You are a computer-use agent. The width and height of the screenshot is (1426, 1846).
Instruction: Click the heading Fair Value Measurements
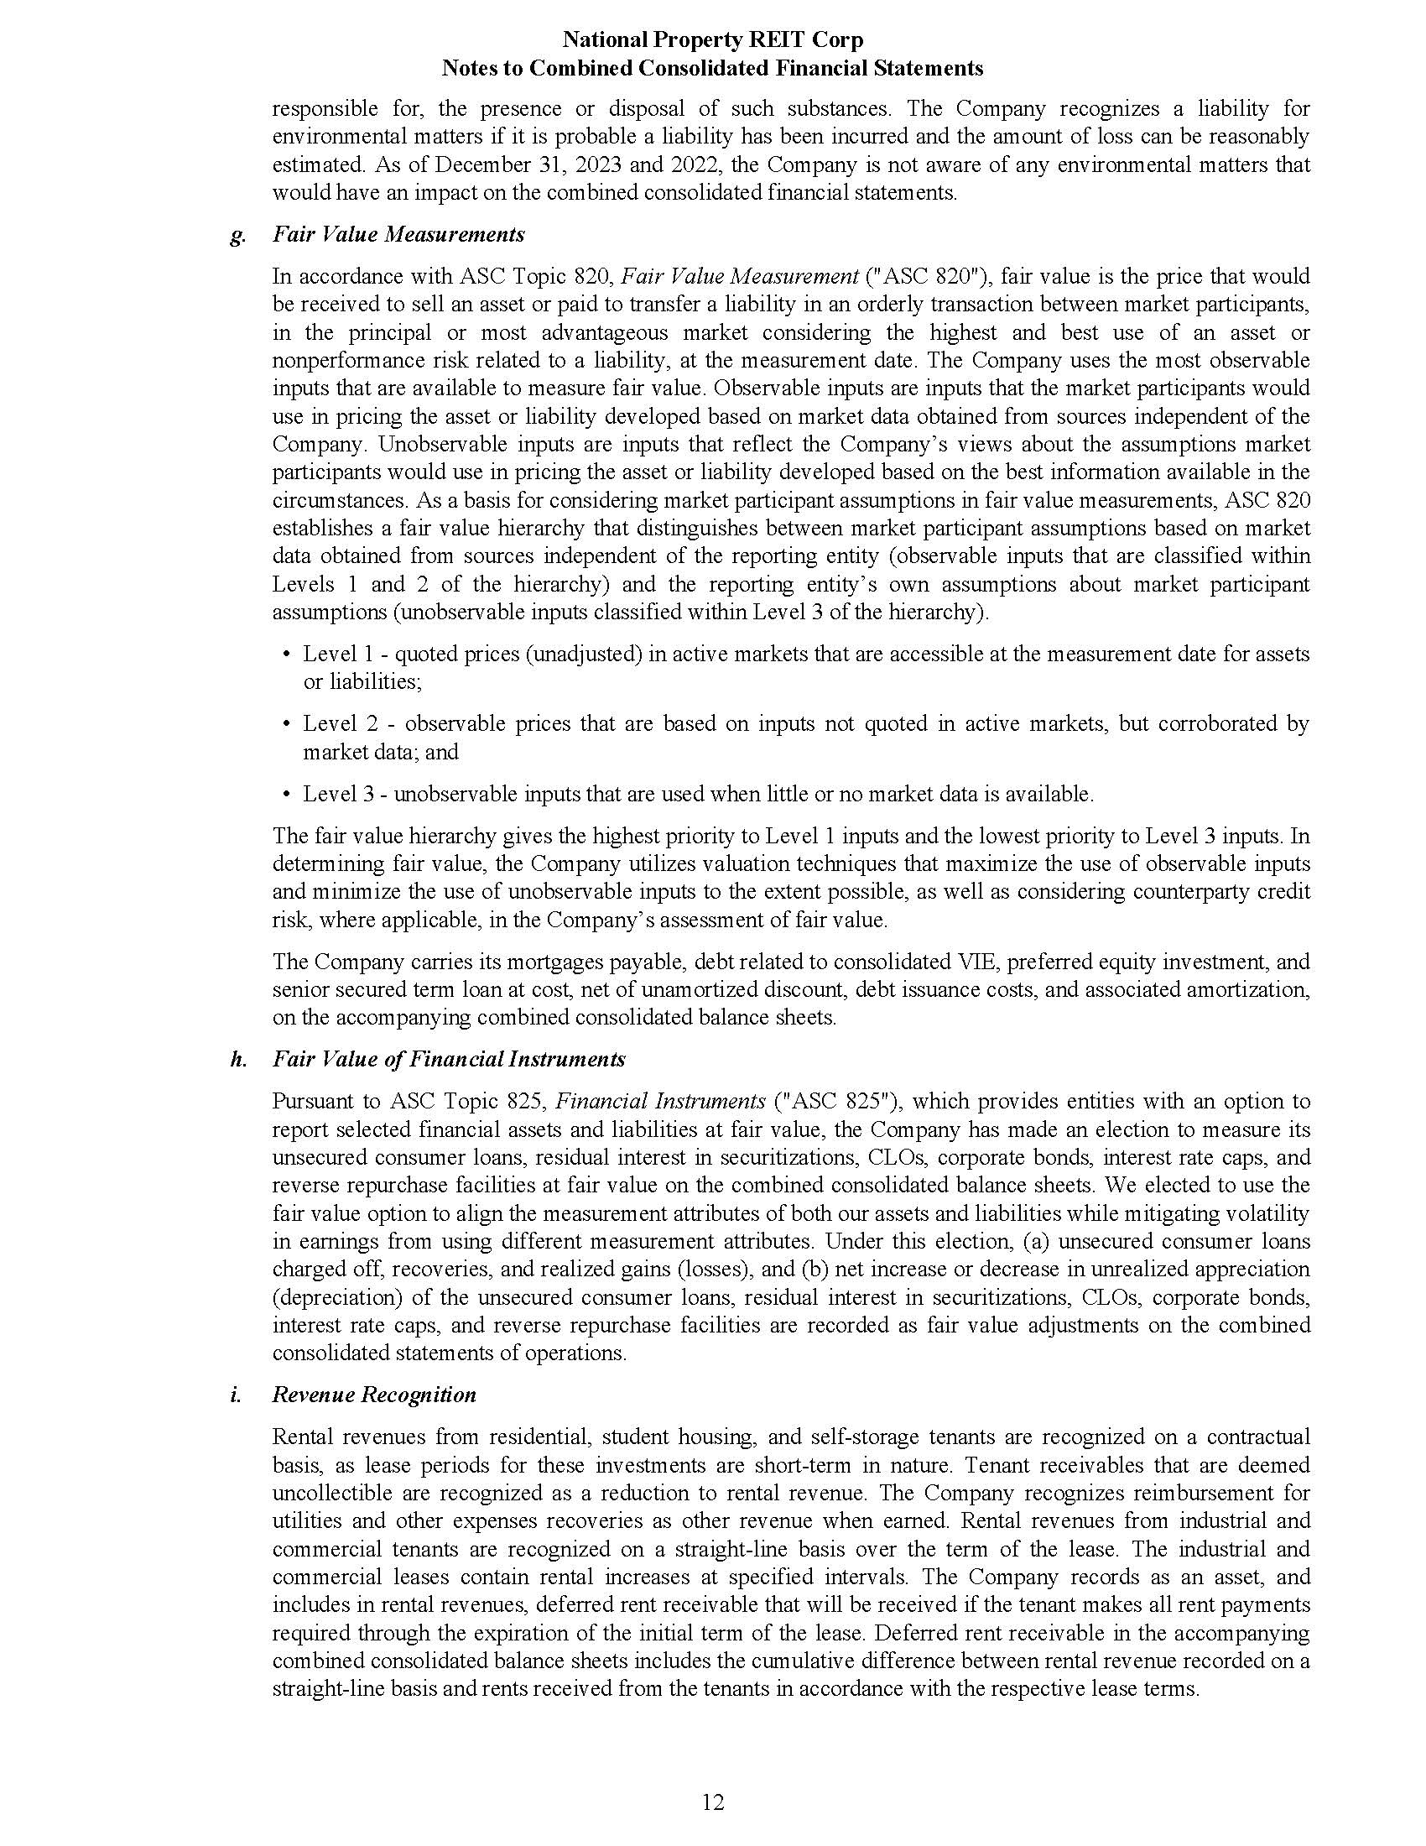(x=398, y=234)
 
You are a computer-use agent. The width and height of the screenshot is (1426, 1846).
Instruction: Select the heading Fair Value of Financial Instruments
(x=449, y=1059)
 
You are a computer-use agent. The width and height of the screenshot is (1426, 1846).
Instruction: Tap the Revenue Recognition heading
(x=374, y=1395)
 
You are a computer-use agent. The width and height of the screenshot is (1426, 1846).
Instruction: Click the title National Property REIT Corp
(x=712, y=39)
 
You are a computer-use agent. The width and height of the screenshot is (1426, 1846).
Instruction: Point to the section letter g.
(x=237, y=236)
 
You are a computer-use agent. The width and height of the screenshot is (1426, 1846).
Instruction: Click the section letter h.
(x=238, y=1059)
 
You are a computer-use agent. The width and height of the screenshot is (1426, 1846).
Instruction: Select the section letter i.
(x=235, y=1395)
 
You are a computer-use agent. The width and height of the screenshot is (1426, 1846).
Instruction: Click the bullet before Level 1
(x=285, y=654)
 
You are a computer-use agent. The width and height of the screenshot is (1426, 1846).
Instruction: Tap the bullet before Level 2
(x=285, y=724)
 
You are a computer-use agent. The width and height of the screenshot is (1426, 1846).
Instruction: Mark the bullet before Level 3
(x=285, y=795)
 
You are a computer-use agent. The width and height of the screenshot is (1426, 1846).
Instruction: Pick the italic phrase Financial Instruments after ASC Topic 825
(x=661, y=1102)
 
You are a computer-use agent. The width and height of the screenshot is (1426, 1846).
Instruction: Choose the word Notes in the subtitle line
(x=468, y=69)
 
